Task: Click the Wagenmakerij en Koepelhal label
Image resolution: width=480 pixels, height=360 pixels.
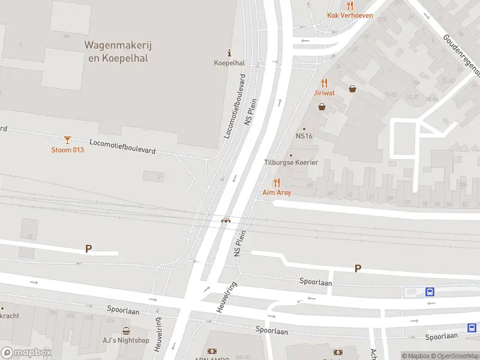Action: (x=116, y=52)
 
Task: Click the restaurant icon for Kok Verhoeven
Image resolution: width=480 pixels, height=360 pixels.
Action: (x=350, y=5)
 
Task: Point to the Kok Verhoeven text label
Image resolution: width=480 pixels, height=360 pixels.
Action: (x=350, y=16)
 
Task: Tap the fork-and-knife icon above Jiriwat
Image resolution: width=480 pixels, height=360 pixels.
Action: (x=325, y=83)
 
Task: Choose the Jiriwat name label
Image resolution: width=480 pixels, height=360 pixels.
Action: (x=325, y=93)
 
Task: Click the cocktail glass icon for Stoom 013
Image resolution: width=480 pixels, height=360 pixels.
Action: (x=67, y=140)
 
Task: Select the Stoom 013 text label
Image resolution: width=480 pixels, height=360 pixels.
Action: (x=67, y=150)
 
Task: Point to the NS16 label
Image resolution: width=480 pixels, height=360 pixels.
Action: (x=304, y=136)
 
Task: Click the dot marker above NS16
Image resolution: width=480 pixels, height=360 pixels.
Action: (x=304, y=128)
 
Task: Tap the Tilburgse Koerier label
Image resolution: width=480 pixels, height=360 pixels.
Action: (x=291, y=163)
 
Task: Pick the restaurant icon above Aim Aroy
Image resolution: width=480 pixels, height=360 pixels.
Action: (x=277, y=182)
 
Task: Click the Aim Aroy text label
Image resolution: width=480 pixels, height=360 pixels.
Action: (x=277, y=193)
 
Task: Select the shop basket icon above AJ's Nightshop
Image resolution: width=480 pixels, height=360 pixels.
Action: (x=126, y=331)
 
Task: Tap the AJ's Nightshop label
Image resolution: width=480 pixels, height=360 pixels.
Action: (x=126, y=340)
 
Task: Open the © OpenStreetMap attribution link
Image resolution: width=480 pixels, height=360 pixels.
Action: (x=456, y=356)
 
